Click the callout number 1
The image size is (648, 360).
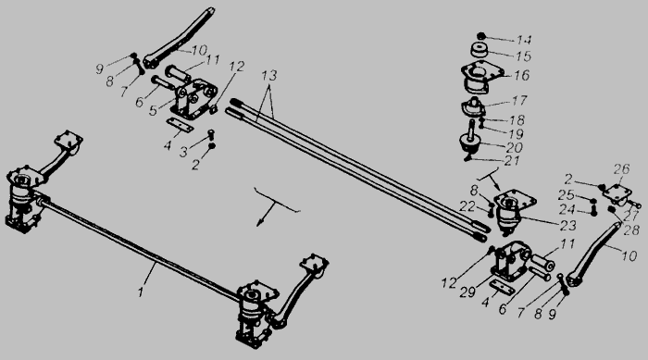tap(141, 292)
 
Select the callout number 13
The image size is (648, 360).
tap(268, 76)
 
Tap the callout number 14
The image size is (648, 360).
tap(524, 40)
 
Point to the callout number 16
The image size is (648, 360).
tap(522, 75)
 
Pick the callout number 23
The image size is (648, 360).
tap(567, 225)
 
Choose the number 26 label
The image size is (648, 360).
tap(621, 169)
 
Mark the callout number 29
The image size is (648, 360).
tap(467, 292)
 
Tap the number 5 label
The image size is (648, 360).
tap(154, 111)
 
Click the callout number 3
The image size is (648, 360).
tap(183, 152)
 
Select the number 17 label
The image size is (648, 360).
tap(519, 101)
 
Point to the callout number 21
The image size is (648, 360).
tap(512, 160)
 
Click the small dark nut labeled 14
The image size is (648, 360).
tap(480, 36)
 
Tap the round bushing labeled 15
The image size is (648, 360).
tap(480, 51)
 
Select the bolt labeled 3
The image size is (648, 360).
tap(211, 134)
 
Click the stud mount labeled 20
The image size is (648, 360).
tap(468, 143)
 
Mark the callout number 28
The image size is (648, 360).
tap(632, 230)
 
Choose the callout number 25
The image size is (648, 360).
tap(567, 195)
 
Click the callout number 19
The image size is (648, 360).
tap(517, 133)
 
